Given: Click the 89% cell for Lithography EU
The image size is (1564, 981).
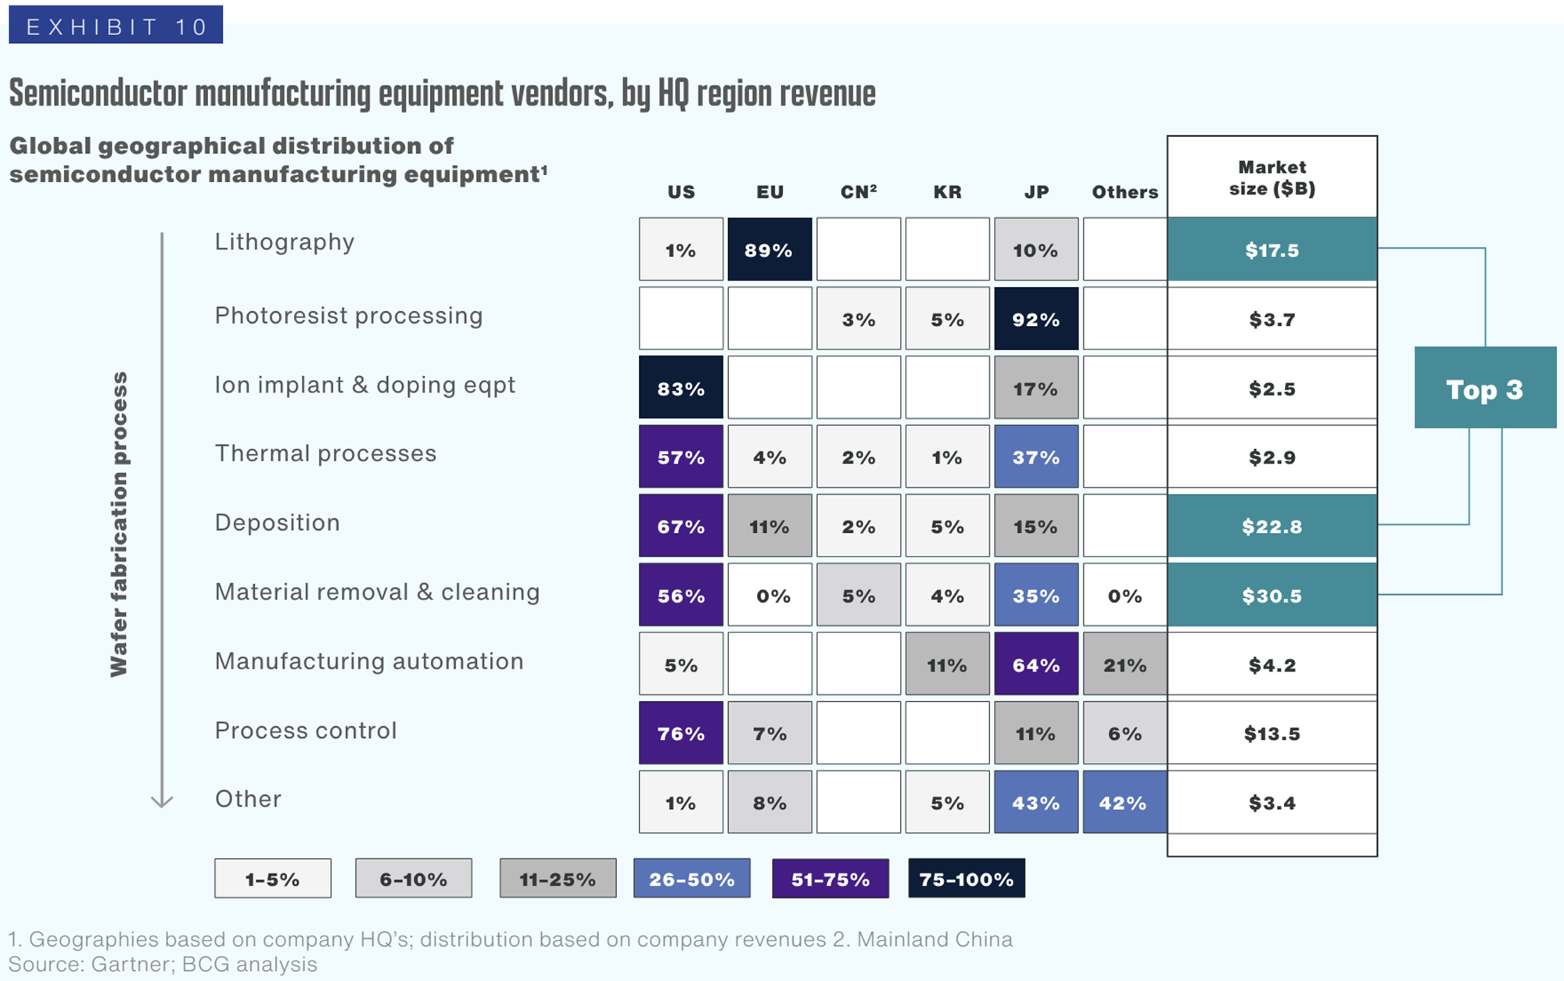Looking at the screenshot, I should (769, 250).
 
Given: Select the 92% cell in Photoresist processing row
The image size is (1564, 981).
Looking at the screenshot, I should (1036, 319).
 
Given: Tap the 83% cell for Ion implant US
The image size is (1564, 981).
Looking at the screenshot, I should (681, 388).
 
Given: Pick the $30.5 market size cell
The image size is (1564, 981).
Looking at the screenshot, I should (1272, 596).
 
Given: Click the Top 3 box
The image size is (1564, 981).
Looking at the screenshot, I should (1485, 388).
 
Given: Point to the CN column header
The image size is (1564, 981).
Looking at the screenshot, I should (859, 192).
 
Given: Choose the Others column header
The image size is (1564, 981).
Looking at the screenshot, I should (1125, 192).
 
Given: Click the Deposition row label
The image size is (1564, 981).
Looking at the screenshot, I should (278, 522).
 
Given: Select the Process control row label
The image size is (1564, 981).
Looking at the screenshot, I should (306, 730).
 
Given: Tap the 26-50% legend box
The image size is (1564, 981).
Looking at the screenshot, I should (692, 879).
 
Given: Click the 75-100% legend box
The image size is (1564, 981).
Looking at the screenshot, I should (967, 879).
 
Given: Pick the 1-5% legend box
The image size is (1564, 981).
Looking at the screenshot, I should (273, 879).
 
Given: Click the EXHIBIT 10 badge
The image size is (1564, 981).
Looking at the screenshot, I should (116, 26).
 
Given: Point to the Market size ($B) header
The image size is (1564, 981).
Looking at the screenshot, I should (1272, 178).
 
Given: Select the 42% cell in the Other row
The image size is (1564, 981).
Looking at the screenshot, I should (1125, 803).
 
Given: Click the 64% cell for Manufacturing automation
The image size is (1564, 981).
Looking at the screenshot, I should (1036, 664).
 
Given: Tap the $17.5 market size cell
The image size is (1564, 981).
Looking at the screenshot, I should (1272, 250).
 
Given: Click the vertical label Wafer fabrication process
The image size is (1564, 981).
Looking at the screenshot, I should (119, 524).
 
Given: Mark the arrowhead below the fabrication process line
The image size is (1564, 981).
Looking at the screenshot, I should (162, 801).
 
